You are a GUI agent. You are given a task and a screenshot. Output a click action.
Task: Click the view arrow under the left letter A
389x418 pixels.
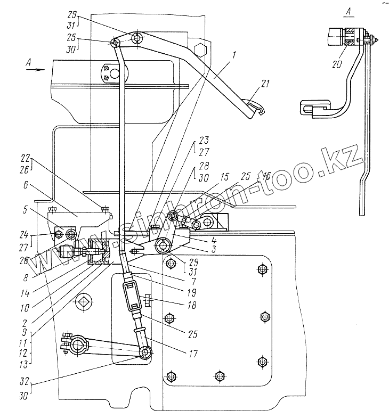pos(35,69)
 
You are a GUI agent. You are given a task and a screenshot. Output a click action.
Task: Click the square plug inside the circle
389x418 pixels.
pos(83,302)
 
